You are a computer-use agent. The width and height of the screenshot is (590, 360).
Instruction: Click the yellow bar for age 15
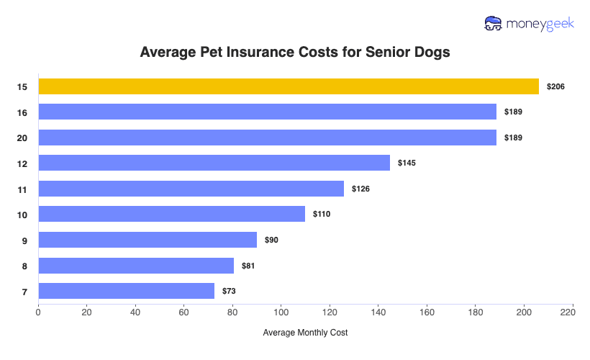288,86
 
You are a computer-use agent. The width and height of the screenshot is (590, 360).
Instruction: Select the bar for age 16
267,112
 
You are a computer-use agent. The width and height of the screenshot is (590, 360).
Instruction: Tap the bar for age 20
267,138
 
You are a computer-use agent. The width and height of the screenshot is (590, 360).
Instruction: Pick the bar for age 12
214,163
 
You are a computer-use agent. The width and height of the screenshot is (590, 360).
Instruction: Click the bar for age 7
126,291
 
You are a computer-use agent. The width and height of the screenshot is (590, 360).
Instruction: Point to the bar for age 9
147,240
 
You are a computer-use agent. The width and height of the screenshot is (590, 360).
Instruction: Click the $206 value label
555,86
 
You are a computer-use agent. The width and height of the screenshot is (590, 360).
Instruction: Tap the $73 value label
229,291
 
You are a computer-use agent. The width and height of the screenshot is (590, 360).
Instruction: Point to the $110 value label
321,214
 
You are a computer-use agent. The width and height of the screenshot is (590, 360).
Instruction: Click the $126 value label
361,189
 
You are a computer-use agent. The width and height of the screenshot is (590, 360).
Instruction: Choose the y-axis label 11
22,189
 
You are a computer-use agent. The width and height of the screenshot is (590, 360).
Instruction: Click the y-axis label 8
24,266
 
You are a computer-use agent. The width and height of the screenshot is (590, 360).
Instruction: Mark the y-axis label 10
22,214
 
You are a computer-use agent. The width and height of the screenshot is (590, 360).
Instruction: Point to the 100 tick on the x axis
281,312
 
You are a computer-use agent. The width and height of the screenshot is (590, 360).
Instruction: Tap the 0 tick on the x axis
38,312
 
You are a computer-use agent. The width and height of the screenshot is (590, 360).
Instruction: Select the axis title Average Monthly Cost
305,333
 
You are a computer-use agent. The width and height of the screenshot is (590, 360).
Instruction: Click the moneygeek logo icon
494,24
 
